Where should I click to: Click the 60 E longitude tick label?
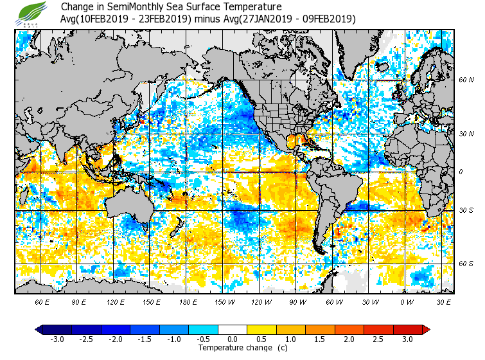(x=42, y=301)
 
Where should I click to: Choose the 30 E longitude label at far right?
(x=444, y=301)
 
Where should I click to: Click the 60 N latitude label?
(x=466, y=80)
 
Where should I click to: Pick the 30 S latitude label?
(x=466, y=210)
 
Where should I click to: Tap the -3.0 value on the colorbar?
(x=57, y=339)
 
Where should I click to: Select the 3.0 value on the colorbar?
(x=408, y=339)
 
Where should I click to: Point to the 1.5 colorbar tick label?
(x=320, y=339)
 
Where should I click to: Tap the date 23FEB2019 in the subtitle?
(x=163, y=19)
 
